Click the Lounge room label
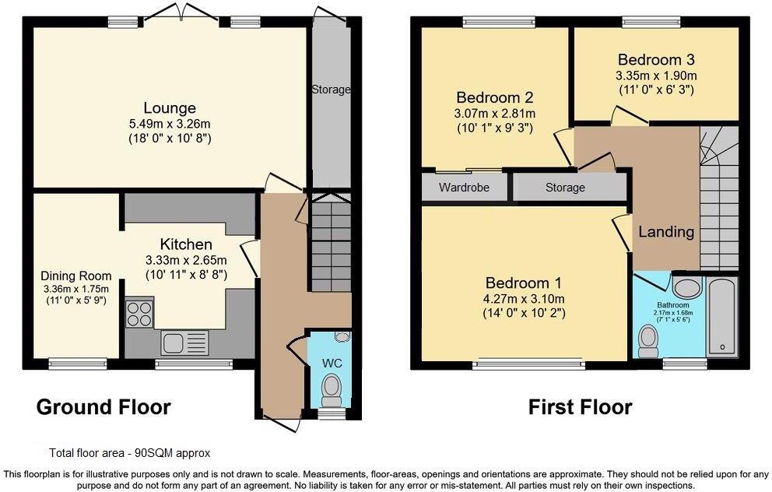(x=169, y=108)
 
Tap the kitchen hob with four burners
(x=139, y=313)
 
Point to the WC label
(x=333, y=364)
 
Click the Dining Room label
(x=75, y=276)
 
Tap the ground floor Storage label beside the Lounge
(x=332, y=90)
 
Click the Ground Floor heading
(x=104, y=406)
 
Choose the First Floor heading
(x=580, y=406)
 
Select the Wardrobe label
(x=464, y=188)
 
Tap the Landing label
(x=666, y=232)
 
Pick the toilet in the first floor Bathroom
(x=648, y=340)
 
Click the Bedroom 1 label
(x=524, y=283)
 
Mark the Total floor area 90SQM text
(x=129, y=452)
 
